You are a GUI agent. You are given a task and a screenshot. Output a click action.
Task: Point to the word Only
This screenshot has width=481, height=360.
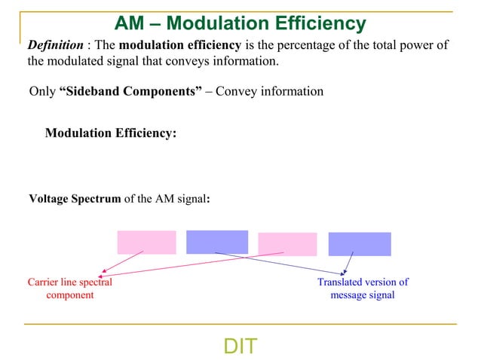pos(41,92)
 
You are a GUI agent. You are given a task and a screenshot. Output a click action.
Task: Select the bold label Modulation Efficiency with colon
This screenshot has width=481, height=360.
pos(111,133)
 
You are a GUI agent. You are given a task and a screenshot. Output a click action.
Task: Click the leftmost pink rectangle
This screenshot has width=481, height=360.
pos(146,243)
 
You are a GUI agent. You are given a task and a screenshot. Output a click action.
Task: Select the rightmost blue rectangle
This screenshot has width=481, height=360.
pos(360,244)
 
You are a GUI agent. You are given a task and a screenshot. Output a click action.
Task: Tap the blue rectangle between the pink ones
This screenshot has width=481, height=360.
pos(217,242)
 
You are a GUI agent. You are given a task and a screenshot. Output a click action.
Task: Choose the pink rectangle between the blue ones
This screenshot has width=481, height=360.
pos(287,244)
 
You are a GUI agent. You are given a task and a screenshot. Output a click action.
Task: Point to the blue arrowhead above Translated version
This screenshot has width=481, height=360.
pos(346,272)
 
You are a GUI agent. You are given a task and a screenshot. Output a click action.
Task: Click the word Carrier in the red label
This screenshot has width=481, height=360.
pos(44,282)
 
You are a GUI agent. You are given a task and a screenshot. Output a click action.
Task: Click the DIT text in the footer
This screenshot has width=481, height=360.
pos(240,346)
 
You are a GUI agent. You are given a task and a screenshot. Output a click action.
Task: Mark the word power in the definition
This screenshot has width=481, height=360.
pos(422,45)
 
